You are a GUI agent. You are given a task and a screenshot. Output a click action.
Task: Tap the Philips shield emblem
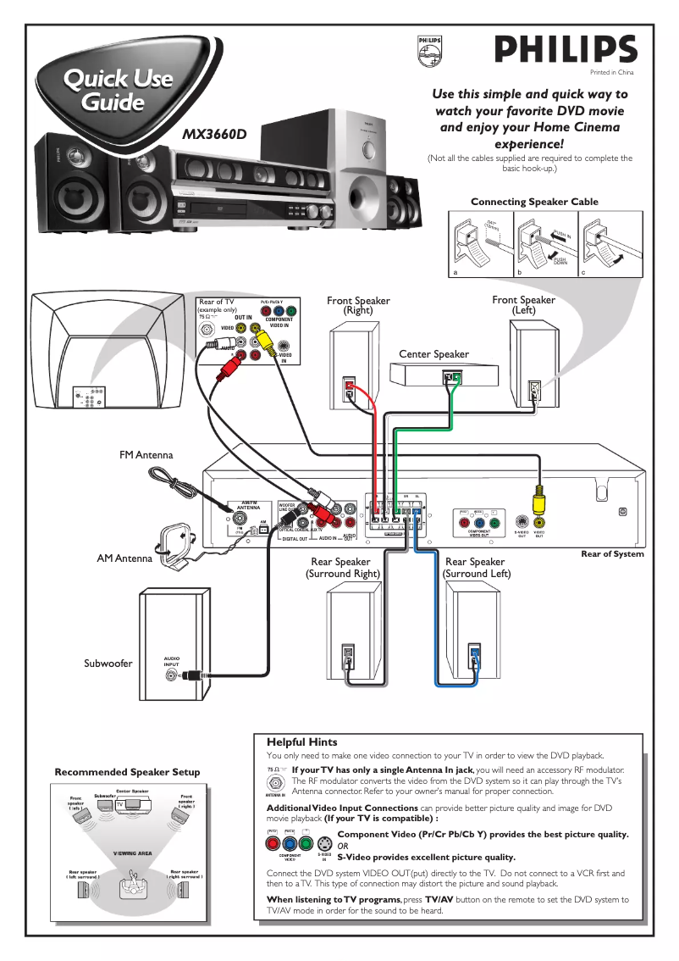pos(428,52)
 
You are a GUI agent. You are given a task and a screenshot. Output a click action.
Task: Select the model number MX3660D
pos(215,133)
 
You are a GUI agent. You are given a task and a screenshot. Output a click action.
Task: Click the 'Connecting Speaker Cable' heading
pos(534,202)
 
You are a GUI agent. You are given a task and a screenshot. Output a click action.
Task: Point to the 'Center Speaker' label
pos(433,353)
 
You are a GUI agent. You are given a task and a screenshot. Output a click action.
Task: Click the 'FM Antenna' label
pos(146,455)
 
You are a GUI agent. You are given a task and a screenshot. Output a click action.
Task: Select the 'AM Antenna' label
pos(124,558)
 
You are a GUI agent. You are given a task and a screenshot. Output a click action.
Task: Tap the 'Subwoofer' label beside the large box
pos(108,663)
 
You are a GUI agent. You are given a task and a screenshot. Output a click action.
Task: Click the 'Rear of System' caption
pos(612,554)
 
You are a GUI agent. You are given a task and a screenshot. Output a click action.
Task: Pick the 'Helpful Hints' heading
pos(301,742)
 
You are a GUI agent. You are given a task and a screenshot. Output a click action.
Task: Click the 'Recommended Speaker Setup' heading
pos(127,772)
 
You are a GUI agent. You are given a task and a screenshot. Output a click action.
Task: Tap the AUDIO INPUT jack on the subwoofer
pos(173,675)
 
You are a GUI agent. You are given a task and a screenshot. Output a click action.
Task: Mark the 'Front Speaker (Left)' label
pos(523,305)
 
